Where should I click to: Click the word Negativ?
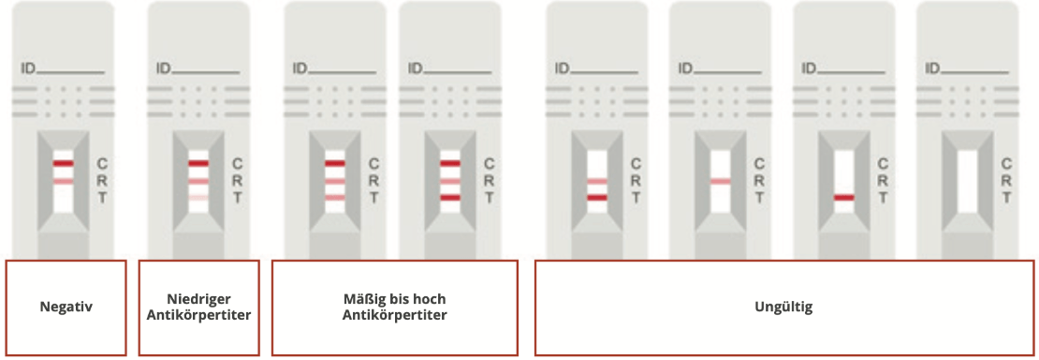(x=66, y=307)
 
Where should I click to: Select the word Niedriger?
(x=198, y=299)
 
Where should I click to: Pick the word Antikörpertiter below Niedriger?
(x=198, y=315)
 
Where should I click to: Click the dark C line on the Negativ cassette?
(x=63, y=164)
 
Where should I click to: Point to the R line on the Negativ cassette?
(x=63, y=181)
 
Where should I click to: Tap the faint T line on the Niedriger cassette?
(x=198, y=198)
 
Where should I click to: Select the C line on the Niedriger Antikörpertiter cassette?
(x=198, y=164)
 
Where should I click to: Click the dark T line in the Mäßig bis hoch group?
(x=450, y=198)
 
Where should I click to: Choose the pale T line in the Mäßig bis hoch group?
(x=335, y=198)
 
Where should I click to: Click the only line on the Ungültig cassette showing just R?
(x=720, y=181)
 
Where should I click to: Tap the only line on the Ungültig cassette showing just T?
(x=844, y=198)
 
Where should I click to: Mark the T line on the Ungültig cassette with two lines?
(x=597, y=198)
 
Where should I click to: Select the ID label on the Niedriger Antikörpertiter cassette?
(x=163, y=68)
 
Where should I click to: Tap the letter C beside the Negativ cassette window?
(x=102, y=164)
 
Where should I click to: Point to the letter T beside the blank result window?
(x=1007, y=198)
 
